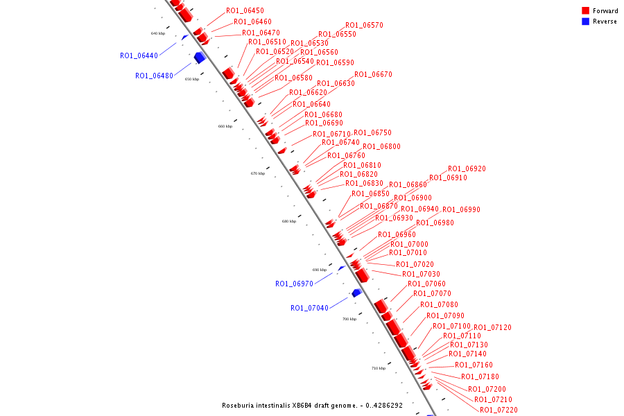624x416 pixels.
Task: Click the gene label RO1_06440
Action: pos(139,55)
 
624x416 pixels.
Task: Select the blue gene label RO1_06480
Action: pos(154,76)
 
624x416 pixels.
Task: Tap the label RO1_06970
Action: pos(294,284)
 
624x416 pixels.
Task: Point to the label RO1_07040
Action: pos(309,308)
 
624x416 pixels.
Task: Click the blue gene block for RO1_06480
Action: pos(200,58)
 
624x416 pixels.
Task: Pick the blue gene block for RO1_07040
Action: pos(356,293)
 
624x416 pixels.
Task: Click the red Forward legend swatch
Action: pos(585,11)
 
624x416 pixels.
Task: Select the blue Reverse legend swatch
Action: pos(585,21)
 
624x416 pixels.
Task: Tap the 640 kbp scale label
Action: pos(158,33)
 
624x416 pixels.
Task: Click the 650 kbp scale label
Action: pos(191,79)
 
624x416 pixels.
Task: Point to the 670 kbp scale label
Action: pos(258,173)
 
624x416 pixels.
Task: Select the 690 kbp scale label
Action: pos(319,270)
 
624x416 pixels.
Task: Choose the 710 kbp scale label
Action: pos(378,368)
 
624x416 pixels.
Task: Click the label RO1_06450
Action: pos(245,11)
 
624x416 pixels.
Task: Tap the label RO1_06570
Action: pos(364,25)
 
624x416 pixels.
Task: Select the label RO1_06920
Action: pos(467,168)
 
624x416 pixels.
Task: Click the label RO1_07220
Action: pos(499,410)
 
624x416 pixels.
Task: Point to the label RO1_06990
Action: pos(461,209)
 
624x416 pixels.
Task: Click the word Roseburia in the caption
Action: pos(239,406)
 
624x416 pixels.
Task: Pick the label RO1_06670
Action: pos(373,74)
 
